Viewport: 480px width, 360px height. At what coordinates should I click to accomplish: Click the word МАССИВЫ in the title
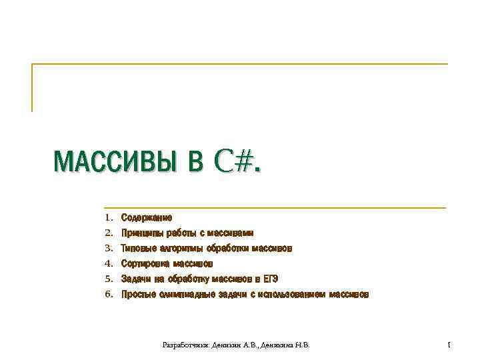(x=114, y=161)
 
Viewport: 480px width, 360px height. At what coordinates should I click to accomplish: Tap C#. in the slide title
(x=237, y=161)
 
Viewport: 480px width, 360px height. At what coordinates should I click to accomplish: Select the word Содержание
(x=147, y=218)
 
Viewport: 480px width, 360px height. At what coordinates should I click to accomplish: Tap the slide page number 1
(x=449, y=345)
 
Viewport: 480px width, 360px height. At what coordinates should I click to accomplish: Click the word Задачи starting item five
(x=136, y=279)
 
